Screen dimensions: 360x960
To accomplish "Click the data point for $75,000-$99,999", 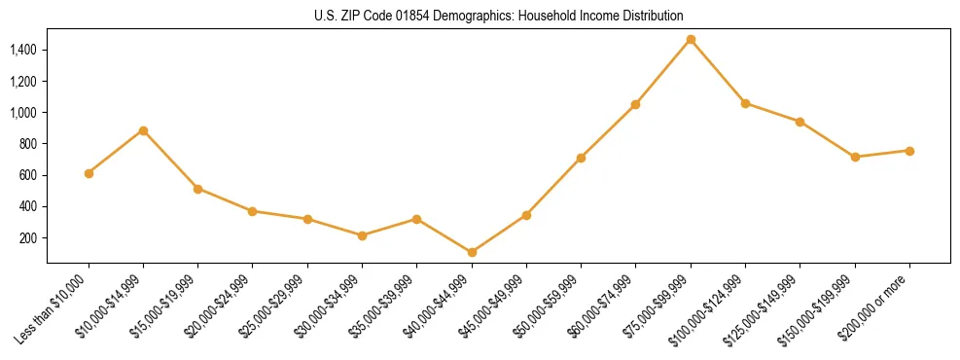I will coord(691,40).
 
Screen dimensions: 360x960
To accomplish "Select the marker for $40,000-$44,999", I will coord(472,252).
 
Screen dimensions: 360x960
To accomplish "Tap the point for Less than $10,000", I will coord(89,173).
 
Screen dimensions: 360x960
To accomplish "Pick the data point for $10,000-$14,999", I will coord(143,130).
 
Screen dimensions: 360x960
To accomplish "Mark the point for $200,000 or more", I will coord(909,151).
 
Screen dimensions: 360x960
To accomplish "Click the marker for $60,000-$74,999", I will coord(635,104).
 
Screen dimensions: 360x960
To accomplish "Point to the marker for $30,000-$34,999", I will coord(362,235).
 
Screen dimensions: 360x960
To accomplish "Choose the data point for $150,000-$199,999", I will coord(855,157).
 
